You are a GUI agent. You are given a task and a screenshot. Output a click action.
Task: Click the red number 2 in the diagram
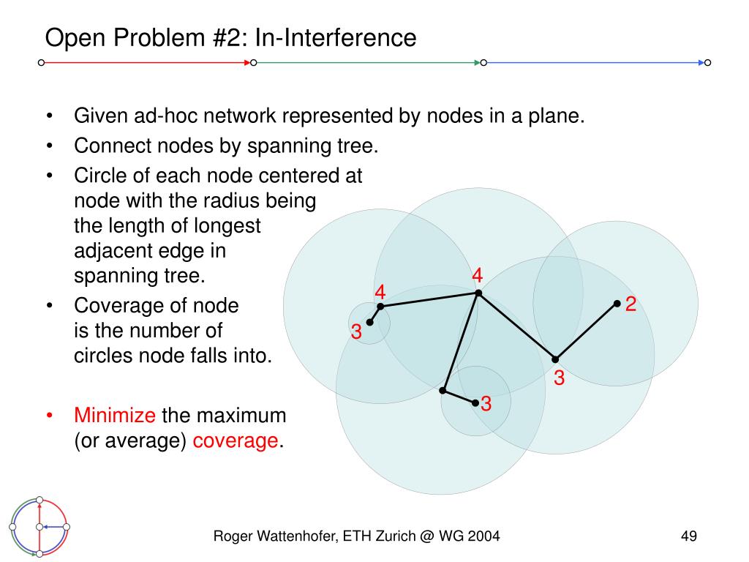631,304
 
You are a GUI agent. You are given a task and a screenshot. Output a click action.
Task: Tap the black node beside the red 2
617,303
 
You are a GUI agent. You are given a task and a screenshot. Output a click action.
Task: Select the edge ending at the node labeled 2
586,331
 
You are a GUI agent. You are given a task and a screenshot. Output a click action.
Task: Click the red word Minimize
114,416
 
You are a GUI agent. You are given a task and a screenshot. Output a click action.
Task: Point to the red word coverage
236,442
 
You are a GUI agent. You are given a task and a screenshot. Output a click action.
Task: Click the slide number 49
688,537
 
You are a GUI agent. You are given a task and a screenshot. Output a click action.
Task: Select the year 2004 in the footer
485,537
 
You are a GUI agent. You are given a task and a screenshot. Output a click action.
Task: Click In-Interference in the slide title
335,37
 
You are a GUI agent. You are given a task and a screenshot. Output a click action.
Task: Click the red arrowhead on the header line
246,63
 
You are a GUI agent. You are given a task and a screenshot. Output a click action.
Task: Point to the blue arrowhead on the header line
702,63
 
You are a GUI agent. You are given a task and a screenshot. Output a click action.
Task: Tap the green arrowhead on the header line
477,63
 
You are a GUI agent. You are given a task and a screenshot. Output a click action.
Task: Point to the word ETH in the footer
380,537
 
